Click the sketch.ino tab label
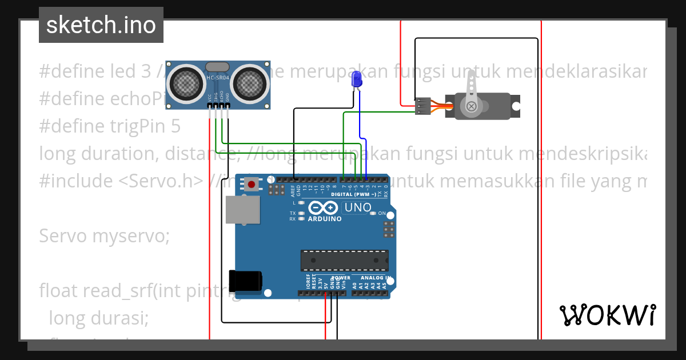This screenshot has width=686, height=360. pyautogui.click(x=101, y=25)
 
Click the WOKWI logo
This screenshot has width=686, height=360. pyautogui.click(x=607, y=315)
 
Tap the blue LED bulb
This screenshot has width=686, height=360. pyautogui.click(x=357, y=79)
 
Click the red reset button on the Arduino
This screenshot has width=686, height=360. pyautogui.click(x=251, y=184)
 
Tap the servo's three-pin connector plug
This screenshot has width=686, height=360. pyautogui.click(x=423, y=106)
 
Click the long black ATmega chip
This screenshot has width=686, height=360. pyautogui.click(x=345, y=260)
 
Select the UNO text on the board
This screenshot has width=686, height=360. pyautogui.click(x=358, y=207)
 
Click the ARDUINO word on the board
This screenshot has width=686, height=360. pyautogui.click(x=325, y=219)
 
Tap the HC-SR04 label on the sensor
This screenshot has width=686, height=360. pyautogui.click(x=218, y=78)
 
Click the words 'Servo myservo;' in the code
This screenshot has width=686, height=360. pyautogui.click(x=105, y=236)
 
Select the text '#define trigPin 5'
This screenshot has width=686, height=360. pyautogui.click(x=110, y=126)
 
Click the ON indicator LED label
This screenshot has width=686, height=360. pyautogui.click(x=382, y=213)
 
